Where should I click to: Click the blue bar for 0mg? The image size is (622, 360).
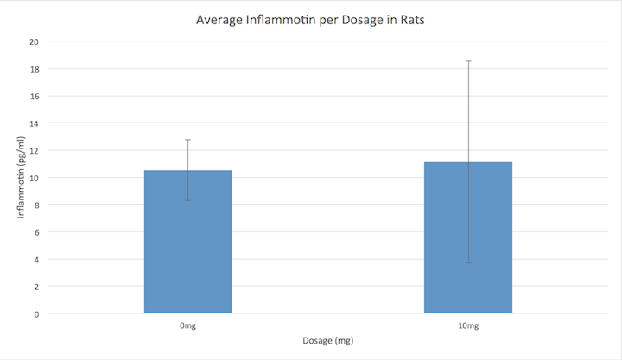point(187,242)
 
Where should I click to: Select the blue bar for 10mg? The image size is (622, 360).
point(468,237)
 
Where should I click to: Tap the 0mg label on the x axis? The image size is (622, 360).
point(187,326)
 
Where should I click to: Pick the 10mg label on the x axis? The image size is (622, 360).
point(468,326)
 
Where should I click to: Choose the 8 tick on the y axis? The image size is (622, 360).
point(35,205)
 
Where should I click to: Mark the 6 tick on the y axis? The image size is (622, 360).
point(35,232)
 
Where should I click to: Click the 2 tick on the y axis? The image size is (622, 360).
point(35,287)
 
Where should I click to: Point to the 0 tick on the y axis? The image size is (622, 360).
point(35,313)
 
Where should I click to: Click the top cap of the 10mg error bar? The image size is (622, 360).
point(468,61)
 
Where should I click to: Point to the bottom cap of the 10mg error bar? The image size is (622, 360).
point(468,262)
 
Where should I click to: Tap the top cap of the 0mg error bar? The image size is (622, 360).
point(187,140)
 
